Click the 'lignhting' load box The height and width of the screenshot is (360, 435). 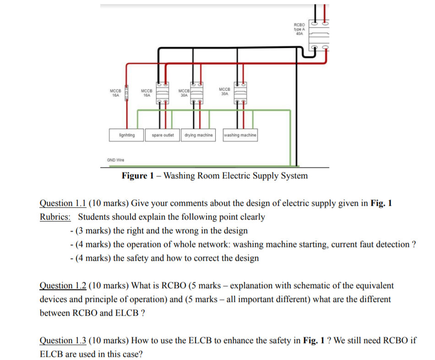(126, 135)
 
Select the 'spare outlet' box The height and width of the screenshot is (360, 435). (163, 135)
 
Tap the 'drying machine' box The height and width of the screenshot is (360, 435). (199, 135)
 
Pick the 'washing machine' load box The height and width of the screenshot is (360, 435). (240, 135)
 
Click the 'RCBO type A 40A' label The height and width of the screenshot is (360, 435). (299, 29)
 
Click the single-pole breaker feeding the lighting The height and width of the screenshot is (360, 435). (124, 93)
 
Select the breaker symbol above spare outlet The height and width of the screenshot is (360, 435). (162, 93)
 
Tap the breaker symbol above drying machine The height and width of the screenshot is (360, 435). (197, 93)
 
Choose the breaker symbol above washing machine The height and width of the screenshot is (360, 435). (240, 93)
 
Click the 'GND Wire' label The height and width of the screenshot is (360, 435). (115, 160)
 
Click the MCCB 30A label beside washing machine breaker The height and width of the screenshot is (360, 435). (224, 91)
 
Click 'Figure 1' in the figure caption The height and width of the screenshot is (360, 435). (137, 176)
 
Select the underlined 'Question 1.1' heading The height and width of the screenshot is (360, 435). (62, 204)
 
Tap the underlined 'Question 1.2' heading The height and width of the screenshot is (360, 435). (62, 286)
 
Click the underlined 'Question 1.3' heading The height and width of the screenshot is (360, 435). (62, 341)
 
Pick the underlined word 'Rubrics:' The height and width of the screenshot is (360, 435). (55, 217)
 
